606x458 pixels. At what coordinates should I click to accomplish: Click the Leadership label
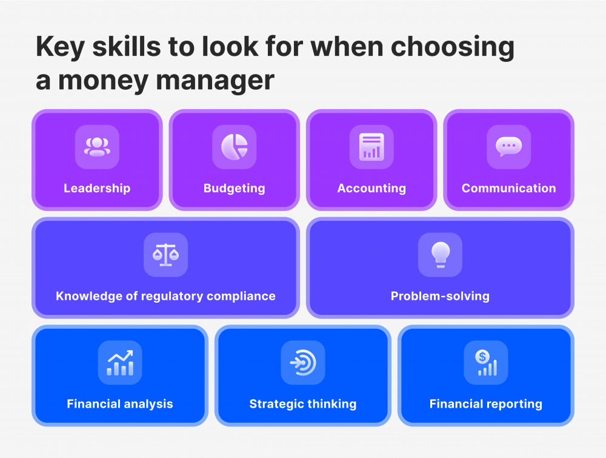click(x=97, y=188)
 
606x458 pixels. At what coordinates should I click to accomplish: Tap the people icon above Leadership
click(x=97, y=147)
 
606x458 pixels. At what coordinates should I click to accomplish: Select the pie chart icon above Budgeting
click(x=235, y=147)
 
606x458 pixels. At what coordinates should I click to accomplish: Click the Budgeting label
click(x=235, y=188)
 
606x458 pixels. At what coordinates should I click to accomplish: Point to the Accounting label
click(x=371, y=188)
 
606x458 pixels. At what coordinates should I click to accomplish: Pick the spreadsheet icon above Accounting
click(x=371, y=147)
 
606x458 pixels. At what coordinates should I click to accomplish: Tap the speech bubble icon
click(x=508, y=147)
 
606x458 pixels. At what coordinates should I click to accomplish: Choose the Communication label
click(x=508, y=188)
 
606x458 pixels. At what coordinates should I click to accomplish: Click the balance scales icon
click(x=165, y=255)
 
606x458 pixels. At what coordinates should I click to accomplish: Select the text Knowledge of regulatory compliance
click(x=165, y=296)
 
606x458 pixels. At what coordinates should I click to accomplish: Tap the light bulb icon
click(x=440, y=255)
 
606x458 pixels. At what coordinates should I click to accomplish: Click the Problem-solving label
click(x=440, y=296)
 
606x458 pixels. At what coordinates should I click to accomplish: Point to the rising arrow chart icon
click(x=120, y=362)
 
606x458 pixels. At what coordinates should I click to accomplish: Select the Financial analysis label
click(x=120, y=403)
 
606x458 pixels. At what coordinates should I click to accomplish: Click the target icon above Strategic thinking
click(x=303, y=362)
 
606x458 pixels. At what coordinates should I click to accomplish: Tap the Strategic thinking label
click(x=303, y=403)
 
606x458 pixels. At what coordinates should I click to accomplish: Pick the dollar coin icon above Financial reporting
click(x=486, y=362)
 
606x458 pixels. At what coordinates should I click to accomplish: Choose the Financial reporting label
click(x=486, y=403)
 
